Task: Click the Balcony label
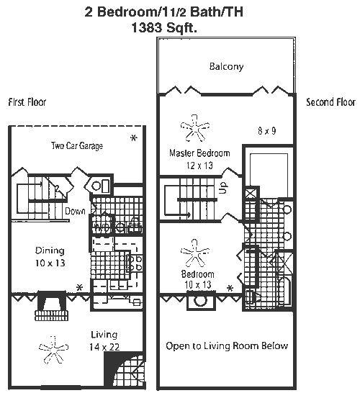226,67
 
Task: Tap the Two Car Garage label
77,145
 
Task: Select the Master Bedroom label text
199,153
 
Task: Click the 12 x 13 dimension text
199,166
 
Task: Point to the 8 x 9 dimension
267,130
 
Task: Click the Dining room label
50,250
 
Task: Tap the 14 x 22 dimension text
104,347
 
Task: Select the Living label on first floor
104,335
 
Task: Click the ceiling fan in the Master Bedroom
195,128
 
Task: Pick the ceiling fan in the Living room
53,349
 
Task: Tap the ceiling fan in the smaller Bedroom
195,253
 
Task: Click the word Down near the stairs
75,212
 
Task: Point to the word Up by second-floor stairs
223,188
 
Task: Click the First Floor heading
27,102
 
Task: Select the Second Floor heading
330,102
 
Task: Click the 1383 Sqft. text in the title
164,27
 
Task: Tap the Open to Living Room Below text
227,346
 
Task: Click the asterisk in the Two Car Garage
134,138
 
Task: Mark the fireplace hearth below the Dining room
51,315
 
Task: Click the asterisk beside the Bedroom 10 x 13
230,288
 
